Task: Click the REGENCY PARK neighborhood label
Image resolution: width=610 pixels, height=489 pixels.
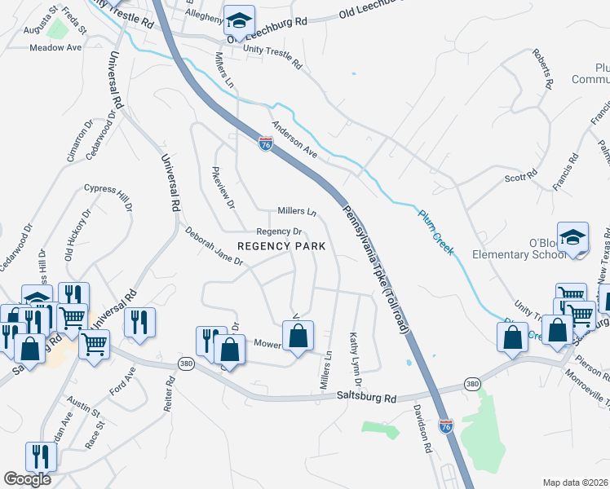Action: point(281,246)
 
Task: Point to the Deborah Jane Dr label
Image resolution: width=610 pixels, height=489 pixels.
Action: point(214,247)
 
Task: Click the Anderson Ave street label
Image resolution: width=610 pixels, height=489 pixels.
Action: point(294,139)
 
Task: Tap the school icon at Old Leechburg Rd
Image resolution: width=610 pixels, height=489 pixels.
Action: point(240,20)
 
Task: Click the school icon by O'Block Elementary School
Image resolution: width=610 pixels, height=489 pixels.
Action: point(572,237)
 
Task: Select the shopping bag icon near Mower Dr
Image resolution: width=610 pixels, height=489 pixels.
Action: point(298,335)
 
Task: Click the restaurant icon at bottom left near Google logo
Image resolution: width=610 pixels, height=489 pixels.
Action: point(39,456)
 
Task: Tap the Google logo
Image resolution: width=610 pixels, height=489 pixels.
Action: point(28,479)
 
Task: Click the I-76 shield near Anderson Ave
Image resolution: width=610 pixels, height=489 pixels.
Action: point(266,143)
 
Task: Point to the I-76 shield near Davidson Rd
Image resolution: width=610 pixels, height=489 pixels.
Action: point(445,425)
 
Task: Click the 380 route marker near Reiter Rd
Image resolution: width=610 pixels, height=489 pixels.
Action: point(187,364)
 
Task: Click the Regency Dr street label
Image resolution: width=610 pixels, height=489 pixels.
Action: point(280,231)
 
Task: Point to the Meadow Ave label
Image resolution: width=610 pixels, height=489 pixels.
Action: point(55,48)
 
